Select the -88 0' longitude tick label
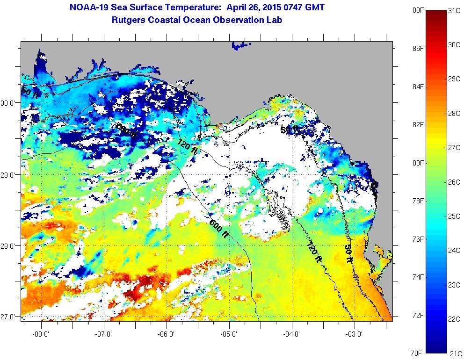point(42,334)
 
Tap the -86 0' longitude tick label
point(167,334)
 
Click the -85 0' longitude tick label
point(230,334)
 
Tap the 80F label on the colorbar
point(418,163)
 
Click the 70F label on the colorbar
point(418,353)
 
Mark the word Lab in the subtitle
point(275,20)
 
